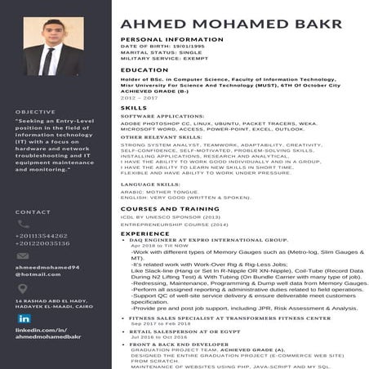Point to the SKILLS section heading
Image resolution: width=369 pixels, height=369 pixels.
pos(134,108)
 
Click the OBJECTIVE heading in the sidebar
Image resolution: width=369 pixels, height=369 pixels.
pos(35,112)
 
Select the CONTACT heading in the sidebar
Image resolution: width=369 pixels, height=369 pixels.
pos(33,212)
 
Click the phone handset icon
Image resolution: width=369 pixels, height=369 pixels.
pos(24,225)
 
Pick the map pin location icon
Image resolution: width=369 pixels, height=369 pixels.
pos(24,287)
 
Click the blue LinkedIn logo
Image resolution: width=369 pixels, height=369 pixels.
pos(24,318)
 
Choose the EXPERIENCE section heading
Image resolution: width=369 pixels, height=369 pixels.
pos(145,234)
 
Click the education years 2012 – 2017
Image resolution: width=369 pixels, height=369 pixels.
pos(138,98)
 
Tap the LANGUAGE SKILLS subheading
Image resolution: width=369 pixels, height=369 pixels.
pos(150,184)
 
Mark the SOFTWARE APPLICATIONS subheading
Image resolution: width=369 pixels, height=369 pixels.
pos(162,117)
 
